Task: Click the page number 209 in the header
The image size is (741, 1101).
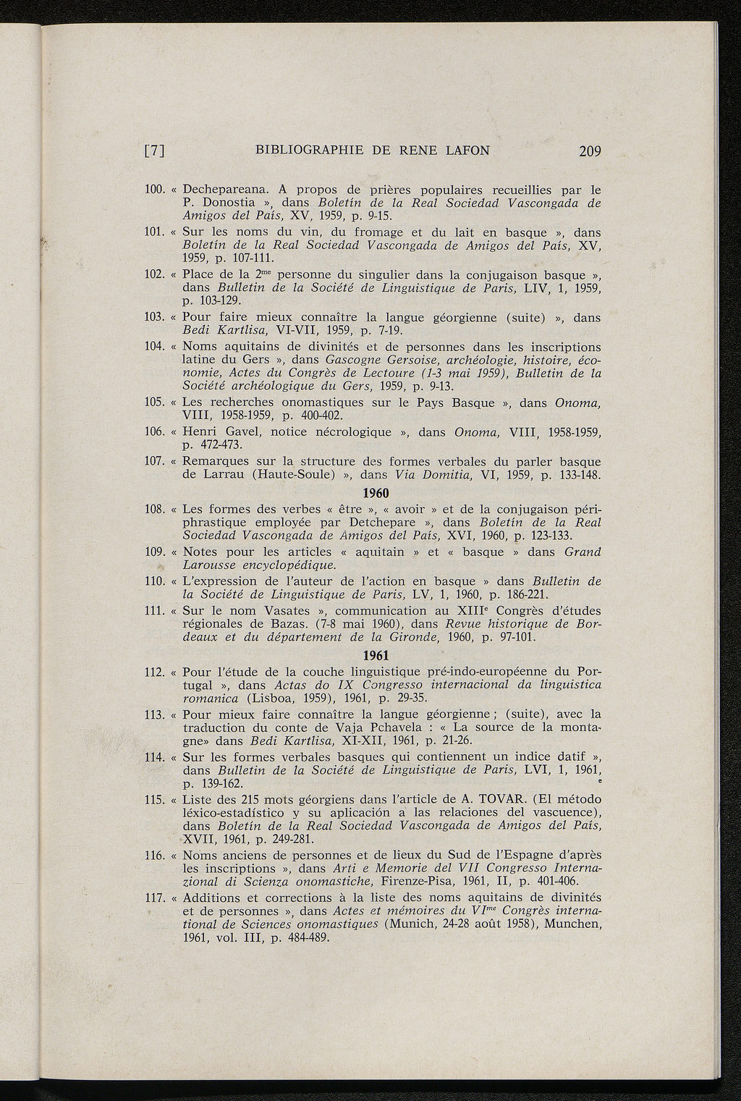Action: click(590, 151)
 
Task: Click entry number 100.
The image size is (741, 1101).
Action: click(156, 190)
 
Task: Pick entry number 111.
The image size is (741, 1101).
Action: click(156, 611)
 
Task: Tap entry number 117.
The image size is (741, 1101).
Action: click(156, 898)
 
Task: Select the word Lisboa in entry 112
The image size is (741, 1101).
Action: click(271, 699)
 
